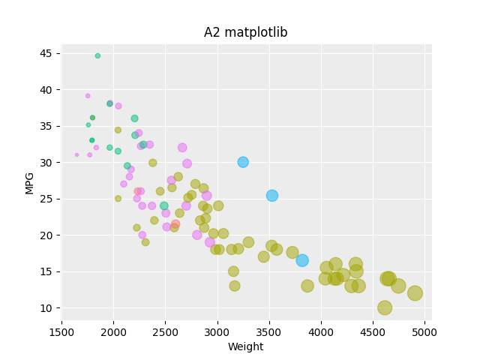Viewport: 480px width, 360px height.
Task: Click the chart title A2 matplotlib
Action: [x=245, y=33]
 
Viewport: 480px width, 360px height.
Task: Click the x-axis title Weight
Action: [x=245, y=346]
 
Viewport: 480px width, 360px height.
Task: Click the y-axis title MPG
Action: [x=30, y=182]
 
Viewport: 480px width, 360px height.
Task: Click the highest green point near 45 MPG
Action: [x=97, y=55]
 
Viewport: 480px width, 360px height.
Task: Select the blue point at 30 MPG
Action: [x=243, y=162]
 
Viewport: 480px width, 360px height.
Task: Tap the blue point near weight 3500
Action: [x=272, y=196]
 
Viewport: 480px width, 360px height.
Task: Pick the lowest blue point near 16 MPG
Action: [x=302, y=260]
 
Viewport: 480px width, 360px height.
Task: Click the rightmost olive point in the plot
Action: [x=415, y=293]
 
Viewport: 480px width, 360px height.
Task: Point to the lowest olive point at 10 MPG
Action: [x=385, y=307]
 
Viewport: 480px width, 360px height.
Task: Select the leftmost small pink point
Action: [x=76, y=155]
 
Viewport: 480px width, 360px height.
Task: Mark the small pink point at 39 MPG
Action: [x=88, y=96]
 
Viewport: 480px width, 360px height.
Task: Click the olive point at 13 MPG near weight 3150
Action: [x=235, y=286]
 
